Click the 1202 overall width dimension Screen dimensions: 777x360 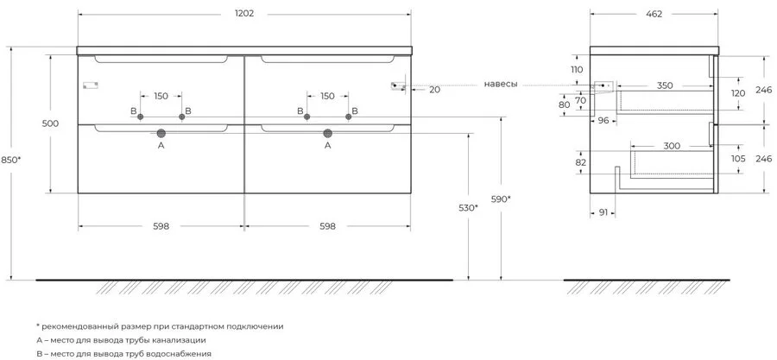[x=243, y=14]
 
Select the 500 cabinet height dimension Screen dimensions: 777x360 [x=51, y=123]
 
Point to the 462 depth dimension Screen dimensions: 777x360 [x=654, y=14]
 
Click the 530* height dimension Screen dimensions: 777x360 [x=468, y=207]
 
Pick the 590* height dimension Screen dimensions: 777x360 [x=501, y=199]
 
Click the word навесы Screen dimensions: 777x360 [x=501, y=85]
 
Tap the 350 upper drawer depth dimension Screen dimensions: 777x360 [x=665, y=85]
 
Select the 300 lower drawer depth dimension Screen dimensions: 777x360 [x=672, y=146]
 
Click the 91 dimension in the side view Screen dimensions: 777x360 [x=603, y=212]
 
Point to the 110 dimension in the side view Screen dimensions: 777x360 [x=577, y=69]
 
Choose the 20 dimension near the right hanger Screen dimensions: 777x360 [x=434, y=90]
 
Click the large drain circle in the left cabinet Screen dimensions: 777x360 [x=161, y=133]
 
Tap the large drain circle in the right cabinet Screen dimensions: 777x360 [x=327, y=133]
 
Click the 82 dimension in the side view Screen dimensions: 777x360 [x=581, y=162]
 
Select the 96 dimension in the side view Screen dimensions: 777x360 [x=603, y=119]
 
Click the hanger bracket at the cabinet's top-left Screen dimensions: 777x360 [x=91, y=85]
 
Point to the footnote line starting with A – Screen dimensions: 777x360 [x=121, y=340]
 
